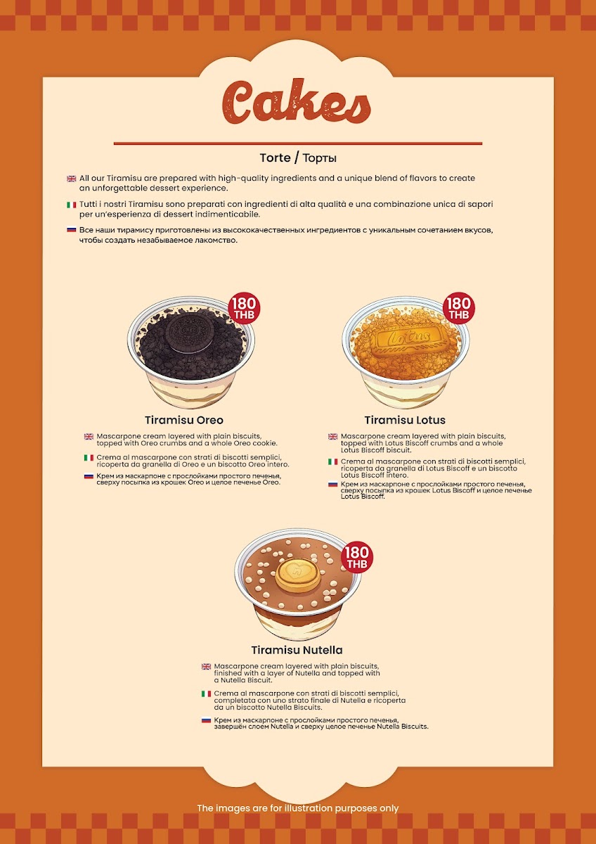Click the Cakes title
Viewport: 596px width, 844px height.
[297, 102]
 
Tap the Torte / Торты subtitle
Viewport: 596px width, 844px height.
[298, 158]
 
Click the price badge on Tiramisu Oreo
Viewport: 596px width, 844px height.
[245, 308]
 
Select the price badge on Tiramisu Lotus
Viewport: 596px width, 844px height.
[458, 308]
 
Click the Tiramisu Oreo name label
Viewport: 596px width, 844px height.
[184, 420]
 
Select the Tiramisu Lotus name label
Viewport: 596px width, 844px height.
[405, 420]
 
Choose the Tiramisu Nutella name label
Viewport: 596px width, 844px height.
[297, 650]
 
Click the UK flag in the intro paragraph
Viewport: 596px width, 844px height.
[72, 179]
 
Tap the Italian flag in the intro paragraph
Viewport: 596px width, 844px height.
[72, 205]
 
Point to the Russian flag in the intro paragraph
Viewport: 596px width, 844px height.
[72, 229]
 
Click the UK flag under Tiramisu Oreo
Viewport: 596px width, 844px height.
[89, 437]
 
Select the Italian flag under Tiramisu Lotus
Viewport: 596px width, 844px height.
[333, 461]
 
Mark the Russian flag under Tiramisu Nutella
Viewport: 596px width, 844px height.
[206, 720]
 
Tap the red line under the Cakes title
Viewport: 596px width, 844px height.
[298, 143]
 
